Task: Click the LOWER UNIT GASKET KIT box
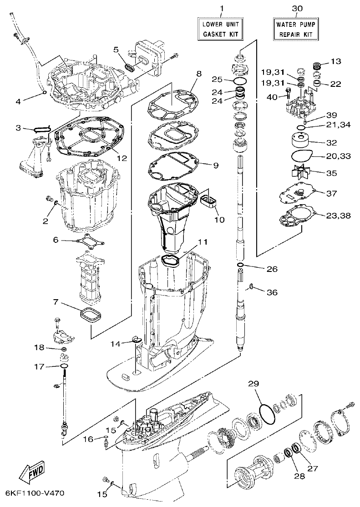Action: tap(221, 29)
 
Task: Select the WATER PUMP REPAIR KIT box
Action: tap(296, 29)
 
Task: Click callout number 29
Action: tap(254, 384)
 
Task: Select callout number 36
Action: tap(272, 292)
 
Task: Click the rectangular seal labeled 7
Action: tap(90, 315)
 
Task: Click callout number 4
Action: tap(18, 101)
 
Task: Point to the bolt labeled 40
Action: tap(288, 95)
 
